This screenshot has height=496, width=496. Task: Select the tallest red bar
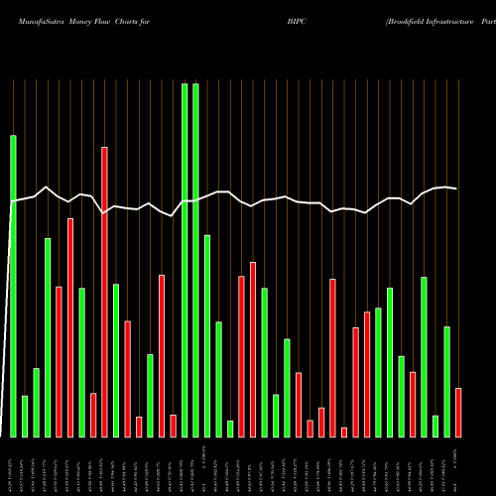pyautogui.click(x=104, y=292)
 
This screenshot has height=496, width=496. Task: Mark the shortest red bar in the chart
pyautogui.click(x=344, y=432)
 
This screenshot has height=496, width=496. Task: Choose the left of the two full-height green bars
pyautogui.click(x=185, y=260)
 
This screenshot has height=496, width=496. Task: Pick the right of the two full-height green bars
pyautogui.click(x=195, y=260)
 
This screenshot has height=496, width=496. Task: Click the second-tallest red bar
pyautogui.click(x=70, y=327)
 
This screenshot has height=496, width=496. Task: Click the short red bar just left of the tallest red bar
pyautogui.click(x=93, y=415)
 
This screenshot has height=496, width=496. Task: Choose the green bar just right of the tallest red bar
pyautogui.click(x=116, y=360)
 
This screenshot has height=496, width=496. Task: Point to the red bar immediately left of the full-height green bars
pyautogui.click(x=173, y=426)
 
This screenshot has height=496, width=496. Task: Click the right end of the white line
pyautogui.click(x=456, y=188)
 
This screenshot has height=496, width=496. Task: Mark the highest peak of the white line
pyautogui.click(x=47, y=186)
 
